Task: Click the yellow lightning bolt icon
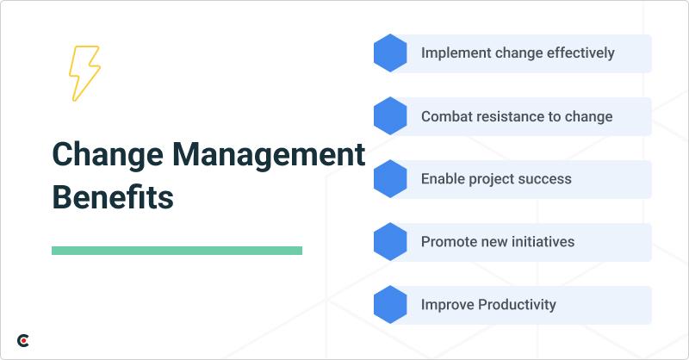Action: (x=84, y=74)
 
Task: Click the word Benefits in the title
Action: (x=112, y=196)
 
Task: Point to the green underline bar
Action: (x=177, y=251)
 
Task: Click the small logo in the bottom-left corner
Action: (x=24, y=341)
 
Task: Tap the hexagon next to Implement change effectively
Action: (x=390, y=53)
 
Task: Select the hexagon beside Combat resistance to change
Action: (x=390, y=116)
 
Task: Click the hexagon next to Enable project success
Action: (x=390, y=179)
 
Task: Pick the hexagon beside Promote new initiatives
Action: (x=390, y=242)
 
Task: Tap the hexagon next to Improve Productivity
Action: (x=390, y=305)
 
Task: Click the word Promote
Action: (x=450, y=242)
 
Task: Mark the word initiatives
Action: (x=543, y=242)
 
